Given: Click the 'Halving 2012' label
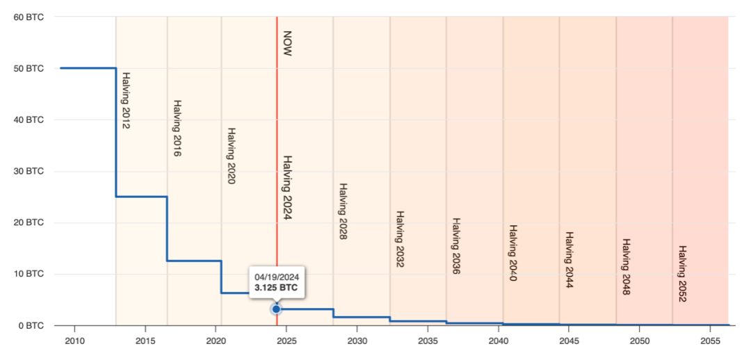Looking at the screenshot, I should point(126,101).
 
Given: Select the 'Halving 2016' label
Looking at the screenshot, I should point(177,129).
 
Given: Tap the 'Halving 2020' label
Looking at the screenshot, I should point(232,156).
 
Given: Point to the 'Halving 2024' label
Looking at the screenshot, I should point(286,187).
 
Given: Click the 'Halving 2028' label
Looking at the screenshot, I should point(343,211).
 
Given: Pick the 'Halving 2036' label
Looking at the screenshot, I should point(456,246).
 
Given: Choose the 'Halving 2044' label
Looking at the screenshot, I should point(569,260).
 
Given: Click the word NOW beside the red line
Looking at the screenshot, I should point(286,43).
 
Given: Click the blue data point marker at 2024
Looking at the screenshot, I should point(276,309).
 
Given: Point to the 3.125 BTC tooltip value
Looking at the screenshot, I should point(276,286).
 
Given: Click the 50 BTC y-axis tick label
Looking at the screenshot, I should point(29,68).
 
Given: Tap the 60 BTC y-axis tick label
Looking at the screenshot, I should point(29,17).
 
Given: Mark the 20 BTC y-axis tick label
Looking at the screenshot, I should point(29,222).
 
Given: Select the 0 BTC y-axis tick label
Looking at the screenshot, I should point(31,325).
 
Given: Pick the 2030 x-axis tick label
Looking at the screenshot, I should point(357,341).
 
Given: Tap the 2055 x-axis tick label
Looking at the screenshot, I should point(710,341).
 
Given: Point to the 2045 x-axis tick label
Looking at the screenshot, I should point(569,341).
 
